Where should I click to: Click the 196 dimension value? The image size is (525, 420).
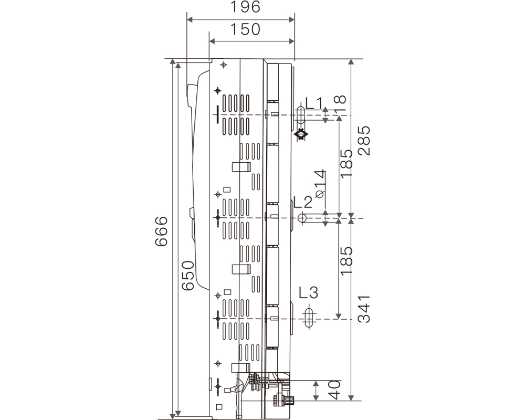tap(245, 7)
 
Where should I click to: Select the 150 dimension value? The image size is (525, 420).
tap(245, 29)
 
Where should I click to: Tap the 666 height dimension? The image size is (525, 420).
tap(161, 232)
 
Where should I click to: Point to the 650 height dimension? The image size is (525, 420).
tap(188, 276)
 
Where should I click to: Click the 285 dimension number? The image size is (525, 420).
tap(364, 141)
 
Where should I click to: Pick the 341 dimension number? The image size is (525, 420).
tap(364, 309)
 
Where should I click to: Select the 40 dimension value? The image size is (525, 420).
tap(334, 390)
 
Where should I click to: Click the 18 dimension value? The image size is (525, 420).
tap(340, 104)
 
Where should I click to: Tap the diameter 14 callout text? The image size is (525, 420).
tap(320, 184)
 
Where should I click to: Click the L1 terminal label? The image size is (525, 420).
tap(314, 103)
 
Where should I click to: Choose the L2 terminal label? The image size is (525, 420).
tap(303, 202)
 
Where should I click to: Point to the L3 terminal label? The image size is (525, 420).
tap(308, 292)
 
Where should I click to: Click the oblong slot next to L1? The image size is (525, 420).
tap(301, 115)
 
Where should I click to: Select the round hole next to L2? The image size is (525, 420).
tap(302, 218)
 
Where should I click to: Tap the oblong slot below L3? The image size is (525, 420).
tap(309, 317)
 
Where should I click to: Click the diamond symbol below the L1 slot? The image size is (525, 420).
tap(301, 134)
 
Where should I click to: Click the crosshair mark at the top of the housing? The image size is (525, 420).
tap(224, 65)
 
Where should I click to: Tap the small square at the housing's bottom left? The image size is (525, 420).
tap(219, 406)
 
